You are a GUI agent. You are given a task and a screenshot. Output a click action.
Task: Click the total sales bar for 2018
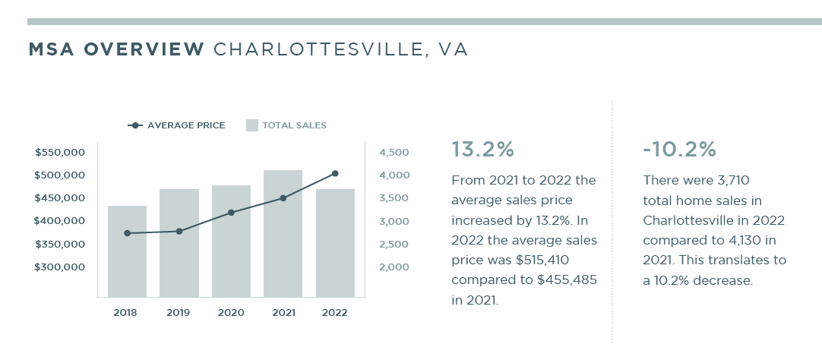[127, 251]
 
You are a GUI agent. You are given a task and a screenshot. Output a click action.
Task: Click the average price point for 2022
[335, 174]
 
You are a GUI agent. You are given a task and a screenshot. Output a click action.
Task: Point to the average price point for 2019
[179, 231]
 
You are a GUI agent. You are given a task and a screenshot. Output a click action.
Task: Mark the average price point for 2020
[231, 213]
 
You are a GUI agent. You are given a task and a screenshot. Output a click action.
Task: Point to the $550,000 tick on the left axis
[60, 153]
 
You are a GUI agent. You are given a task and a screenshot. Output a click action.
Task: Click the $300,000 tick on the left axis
[60, 267]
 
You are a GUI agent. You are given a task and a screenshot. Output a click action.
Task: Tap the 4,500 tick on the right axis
[394, 153]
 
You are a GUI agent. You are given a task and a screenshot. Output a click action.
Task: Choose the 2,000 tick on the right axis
[394, 267]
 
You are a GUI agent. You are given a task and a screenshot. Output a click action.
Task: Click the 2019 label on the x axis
[178, 312]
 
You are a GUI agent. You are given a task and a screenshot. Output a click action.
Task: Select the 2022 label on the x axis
[334, 312]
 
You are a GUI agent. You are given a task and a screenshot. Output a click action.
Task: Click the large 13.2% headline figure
[482, 150]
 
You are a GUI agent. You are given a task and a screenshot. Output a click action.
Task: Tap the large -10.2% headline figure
[679, 150]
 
